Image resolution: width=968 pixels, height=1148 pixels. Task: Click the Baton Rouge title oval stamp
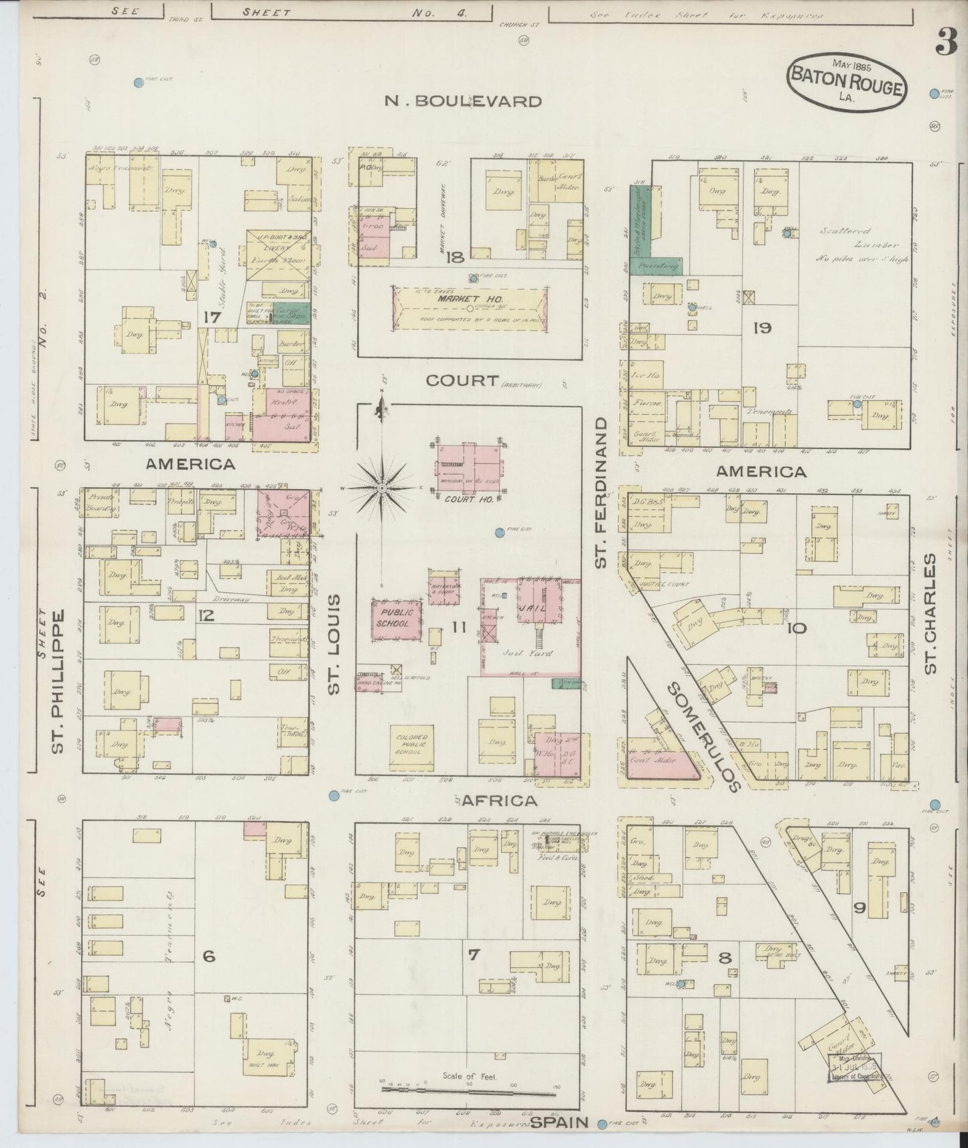847,82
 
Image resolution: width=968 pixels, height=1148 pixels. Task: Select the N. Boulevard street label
463,101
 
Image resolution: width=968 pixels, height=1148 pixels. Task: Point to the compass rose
383,488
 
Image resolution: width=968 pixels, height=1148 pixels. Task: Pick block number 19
762,328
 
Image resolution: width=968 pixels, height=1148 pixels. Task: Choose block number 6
209,956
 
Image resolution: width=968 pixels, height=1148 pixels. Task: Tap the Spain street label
559,1123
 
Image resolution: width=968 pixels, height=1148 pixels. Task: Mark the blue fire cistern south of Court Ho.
499,532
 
